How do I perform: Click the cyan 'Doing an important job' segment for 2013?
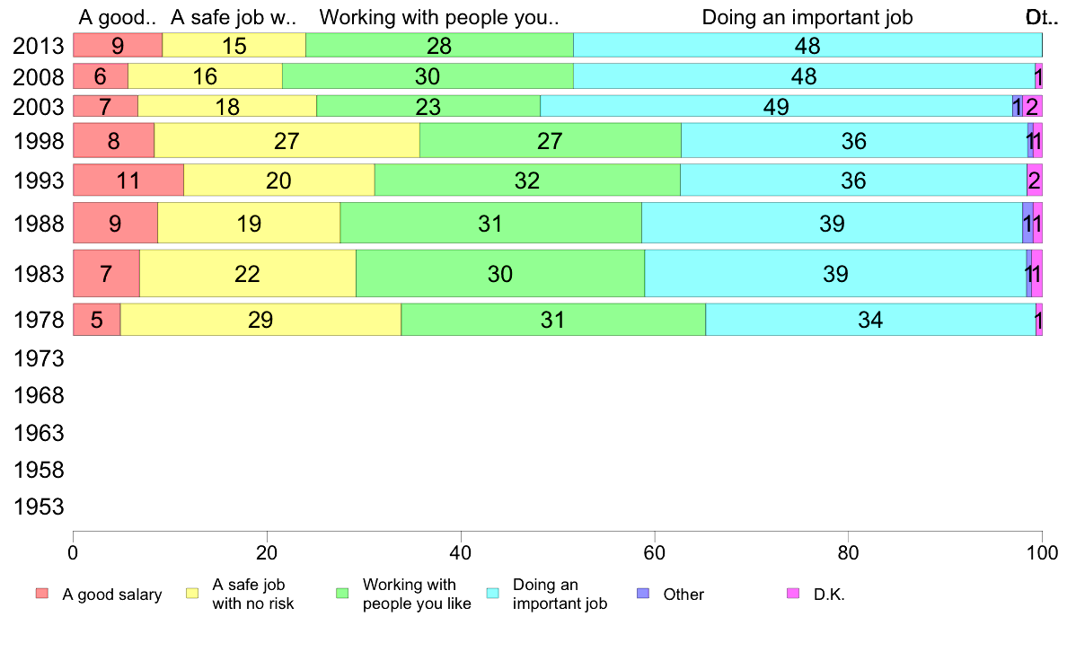coord(807,45)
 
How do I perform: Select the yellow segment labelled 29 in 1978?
coord(260,320)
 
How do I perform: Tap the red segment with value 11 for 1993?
coord(128,181)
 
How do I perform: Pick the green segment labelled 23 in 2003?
coord(428,106)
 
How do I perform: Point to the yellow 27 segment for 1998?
coord(287,140)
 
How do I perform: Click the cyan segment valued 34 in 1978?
coord(870,320)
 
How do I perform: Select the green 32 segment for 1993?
coord(527,181)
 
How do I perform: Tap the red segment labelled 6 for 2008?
coord(101,76)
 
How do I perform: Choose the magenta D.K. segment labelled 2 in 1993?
coord(1034,181)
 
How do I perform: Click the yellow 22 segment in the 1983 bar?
coord(248,273)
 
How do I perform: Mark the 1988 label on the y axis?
coord(39,224)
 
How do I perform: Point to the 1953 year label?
coord(39,507)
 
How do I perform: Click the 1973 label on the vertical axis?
coord(39,358)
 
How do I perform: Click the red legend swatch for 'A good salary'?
coord(41,594)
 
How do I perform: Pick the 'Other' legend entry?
coord(683,595)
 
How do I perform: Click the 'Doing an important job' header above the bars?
coord(807,17)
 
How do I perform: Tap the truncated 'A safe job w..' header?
coord(234,17)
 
